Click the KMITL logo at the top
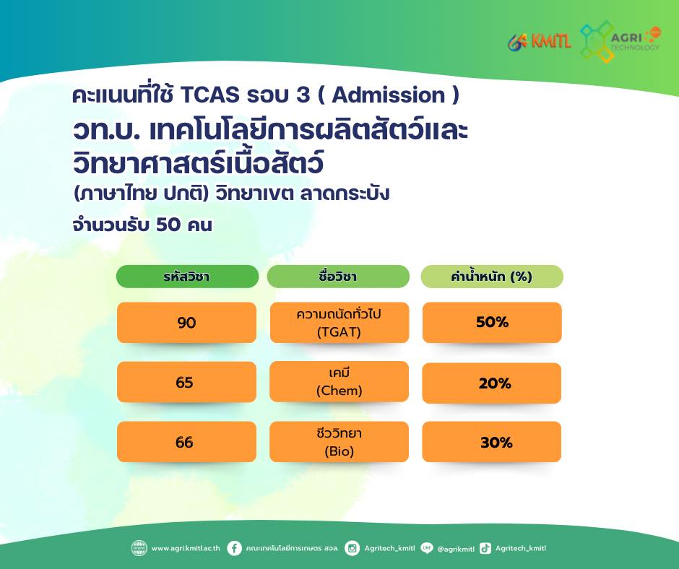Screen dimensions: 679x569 click(539, 42)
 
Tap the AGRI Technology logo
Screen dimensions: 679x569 click(620, 41)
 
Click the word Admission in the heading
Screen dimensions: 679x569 click(389, 95)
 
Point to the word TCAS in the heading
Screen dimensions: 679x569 click(209, 95)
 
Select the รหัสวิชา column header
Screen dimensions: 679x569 click(187, 277)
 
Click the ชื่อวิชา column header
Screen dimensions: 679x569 click(338, 277)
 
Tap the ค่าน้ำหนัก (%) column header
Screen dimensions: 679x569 click(492, 277)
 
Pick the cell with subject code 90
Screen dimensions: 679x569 click(186, 323)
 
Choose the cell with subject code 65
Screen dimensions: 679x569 click(186, 382)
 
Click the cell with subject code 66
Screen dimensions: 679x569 click(186, 442)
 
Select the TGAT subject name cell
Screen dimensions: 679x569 click(339, 323)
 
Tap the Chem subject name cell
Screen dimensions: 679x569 click(339, 381)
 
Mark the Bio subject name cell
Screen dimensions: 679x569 click(339, 442)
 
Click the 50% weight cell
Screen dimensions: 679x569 click(492, 323)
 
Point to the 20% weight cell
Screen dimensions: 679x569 click(491, 383)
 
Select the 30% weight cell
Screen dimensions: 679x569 click(491, 442)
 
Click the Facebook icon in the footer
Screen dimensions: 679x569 click(234, 548)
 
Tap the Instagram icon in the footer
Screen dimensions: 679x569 click(352, 548)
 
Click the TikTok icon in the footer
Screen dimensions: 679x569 click(485, 548)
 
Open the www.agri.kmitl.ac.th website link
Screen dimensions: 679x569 click(186, 548)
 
